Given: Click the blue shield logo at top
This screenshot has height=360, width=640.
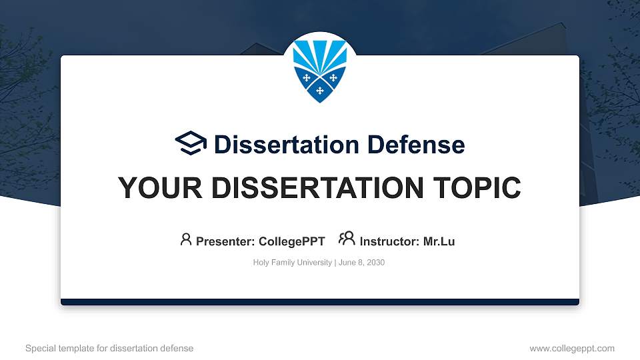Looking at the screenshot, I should click(320, 68).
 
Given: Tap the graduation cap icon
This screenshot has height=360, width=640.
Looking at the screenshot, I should click(191, 143).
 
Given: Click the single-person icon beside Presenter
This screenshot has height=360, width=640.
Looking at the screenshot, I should click(186, 239).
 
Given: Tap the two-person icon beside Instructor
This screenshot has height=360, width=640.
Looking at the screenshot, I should click(347, 239).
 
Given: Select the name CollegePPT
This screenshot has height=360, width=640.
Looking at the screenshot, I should click(291, 241).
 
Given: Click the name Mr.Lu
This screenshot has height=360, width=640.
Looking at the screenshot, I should click(439, 241).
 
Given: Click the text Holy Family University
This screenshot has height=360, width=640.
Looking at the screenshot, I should click(292, 263).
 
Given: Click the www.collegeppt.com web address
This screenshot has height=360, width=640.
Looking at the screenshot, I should click(571, 348).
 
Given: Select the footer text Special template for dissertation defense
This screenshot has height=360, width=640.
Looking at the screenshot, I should click(109, 348).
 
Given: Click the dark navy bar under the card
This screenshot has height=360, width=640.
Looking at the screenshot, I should click(320, 302).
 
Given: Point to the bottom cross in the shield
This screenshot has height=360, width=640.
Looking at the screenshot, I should click(320, 90).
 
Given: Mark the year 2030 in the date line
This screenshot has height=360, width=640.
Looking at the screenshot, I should click(375, 263).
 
